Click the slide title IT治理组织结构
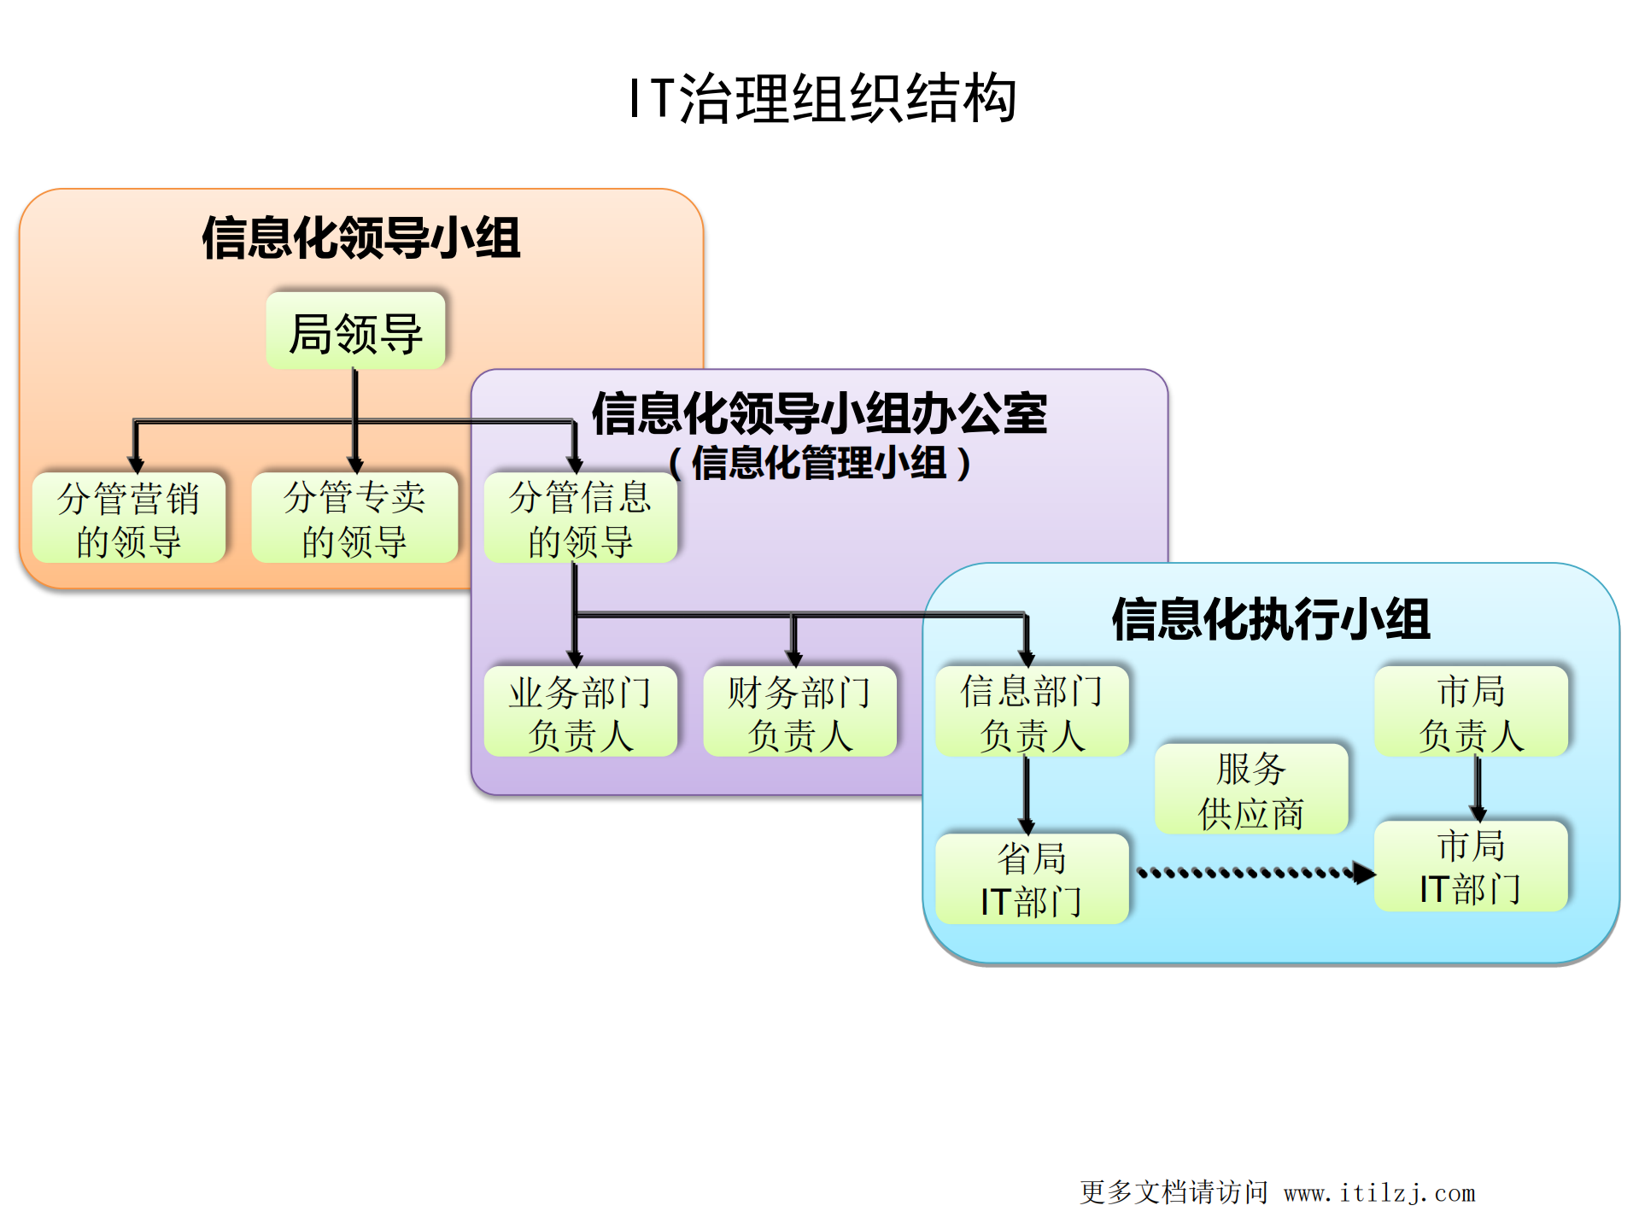tap(822, 98)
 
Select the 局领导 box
tap(356, 331)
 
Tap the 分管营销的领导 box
tap(129, 518)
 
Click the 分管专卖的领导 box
tap(354, 518)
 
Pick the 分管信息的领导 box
tap(581, 518)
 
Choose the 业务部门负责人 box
tap(581, 712)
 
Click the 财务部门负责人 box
tap(799, 712)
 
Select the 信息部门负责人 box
tap(1032, 712)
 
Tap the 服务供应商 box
tap(1251, 789)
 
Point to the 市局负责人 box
tap(1471, 712)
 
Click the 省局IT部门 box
tap(1032, 879)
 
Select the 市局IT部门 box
tap(1471, 867)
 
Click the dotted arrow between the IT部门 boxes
tap(1251, 873)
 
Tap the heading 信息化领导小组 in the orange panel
tap(361, 237)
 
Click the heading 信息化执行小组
tap(1270, 619)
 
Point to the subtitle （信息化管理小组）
tap(819, 464)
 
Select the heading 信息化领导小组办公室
tap(819, 414)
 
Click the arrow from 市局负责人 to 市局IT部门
tap(1478, 787)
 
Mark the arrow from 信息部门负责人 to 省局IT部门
tap(1027, 794)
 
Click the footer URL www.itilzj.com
tap(1379, 1193)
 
